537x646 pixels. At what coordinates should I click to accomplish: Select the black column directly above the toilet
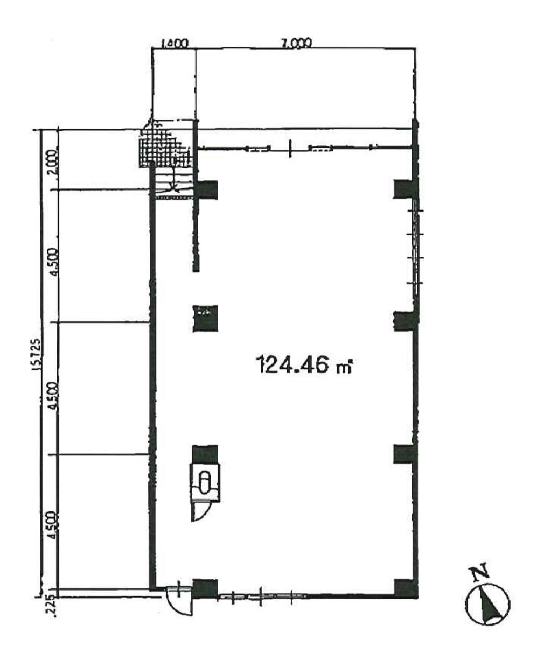pyautogui.click(x=205, y=454)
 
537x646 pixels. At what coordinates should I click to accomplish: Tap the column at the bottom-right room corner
pyautogui.click(x=406, y=588)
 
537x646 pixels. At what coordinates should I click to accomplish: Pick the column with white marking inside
pyautogui.click(x=205, y=318)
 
